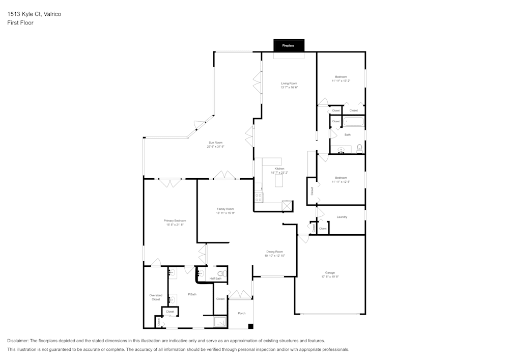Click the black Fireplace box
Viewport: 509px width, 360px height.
click(x=289, y=45)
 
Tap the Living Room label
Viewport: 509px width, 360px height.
click(x=289, y=83)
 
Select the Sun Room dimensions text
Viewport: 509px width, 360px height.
click(x=215, y=147)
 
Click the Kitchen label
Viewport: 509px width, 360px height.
click(x=279, y=169)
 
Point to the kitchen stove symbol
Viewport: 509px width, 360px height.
click(x=259, y=197)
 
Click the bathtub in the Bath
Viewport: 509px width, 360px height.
click(x=354, y=122)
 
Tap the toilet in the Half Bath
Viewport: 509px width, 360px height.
click(x=221, y=273)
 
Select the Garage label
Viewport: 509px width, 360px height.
click(x=330, y=272)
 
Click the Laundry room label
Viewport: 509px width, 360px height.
click(x=342, y=217)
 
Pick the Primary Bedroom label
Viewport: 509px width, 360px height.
click(x=175, y=220)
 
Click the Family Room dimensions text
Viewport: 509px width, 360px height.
click(x=225, y=213)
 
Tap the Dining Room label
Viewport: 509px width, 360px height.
click(x=274, y=252)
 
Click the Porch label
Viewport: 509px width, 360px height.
click(x=242, y=313)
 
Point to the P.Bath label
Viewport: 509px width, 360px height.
click(x=192, y=294)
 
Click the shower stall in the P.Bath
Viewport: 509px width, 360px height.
click(x=220, y=321)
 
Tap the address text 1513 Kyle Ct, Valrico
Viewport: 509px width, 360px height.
click(x=34, y=14)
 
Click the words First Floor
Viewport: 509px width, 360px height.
click(x=20, y=23)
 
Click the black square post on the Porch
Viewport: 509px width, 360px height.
click(x=250, y=326)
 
